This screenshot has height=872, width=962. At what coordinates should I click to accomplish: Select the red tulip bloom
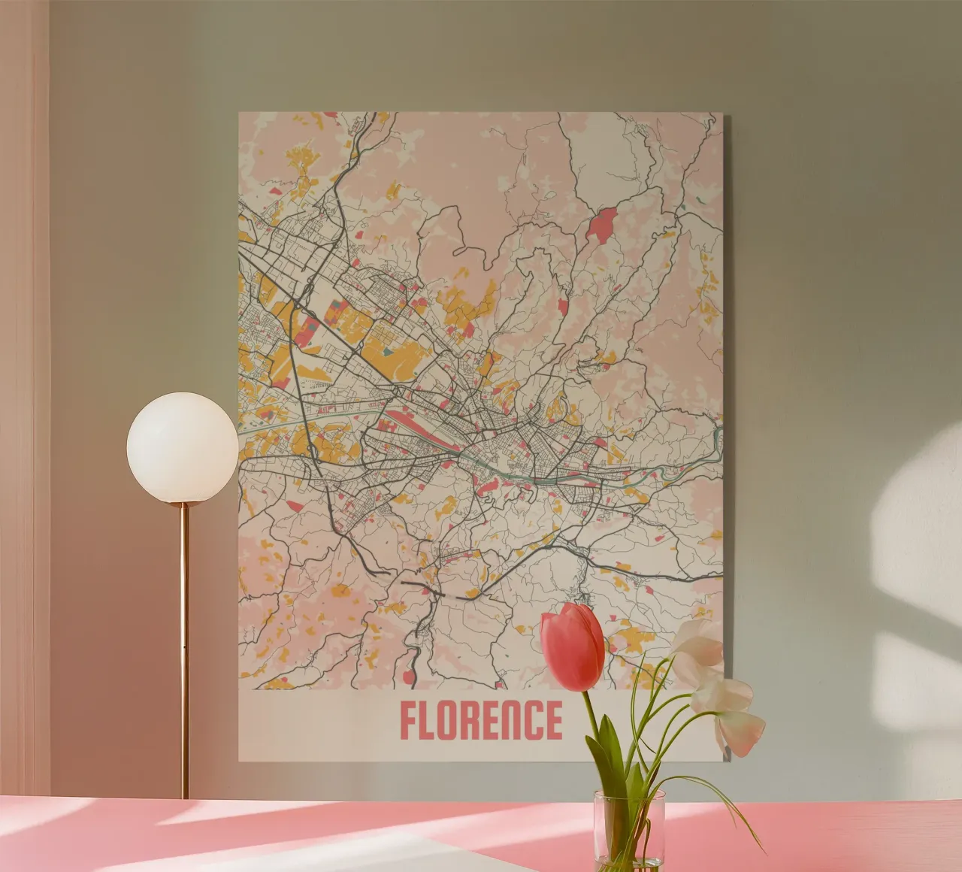pyautogui.click(x=573, y=646)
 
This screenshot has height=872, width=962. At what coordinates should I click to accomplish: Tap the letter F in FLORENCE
pyautogui.click(x=409, y=720)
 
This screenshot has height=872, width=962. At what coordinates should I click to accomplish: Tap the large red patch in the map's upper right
pyautogui.click(x=601, y=225)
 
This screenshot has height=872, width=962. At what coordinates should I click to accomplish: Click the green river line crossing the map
pyautogui.click(x=526, y=474)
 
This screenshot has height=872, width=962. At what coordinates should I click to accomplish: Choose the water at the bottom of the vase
pyautogui.click(x=628, y=853)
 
